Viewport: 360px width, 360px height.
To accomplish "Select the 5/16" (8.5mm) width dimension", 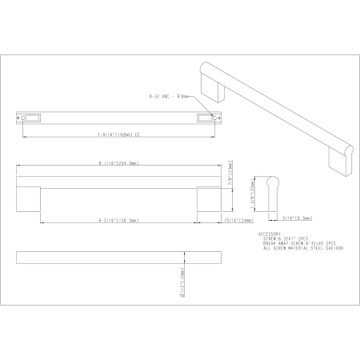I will [296, 217].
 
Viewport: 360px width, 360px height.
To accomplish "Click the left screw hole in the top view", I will [22, 118].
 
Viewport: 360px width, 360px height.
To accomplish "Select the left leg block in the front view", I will [28, 197].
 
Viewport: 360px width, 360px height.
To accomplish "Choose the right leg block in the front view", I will [210, 197].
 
